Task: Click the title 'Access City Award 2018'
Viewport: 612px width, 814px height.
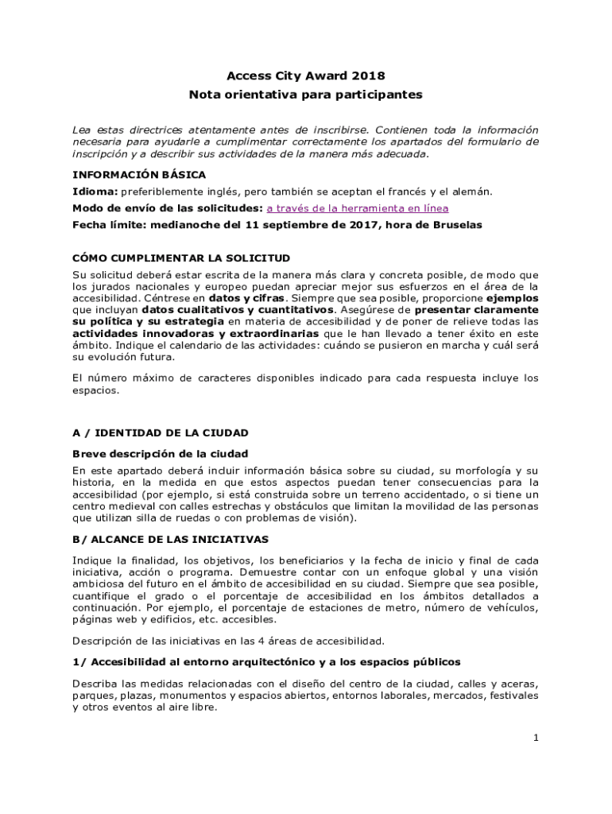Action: pyautogui.click(x=305, y=76)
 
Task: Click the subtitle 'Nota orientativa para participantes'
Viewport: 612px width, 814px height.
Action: pyautogui.click(x=305, y=95)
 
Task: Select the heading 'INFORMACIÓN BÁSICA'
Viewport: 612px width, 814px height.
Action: pyautogui.click(x=139, y=174)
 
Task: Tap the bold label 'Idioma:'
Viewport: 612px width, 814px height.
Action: pyautogui.click(x=95, y=192)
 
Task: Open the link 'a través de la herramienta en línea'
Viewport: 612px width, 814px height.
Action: pyautogui.click(x=357, y=208)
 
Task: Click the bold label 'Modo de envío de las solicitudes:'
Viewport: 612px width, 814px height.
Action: pyautogui.click(x=167, y=208)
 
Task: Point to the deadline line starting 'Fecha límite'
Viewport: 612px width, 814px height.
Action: pyautogui.click(x=277, y=225)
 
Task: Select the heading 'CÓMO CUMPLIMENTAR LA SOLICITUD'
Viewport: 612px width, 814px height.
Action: pyautogui.click(x=181, y=258)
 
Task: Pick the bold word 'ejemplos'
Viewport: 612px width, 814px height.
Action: pyautogui.click(x=509, y=297)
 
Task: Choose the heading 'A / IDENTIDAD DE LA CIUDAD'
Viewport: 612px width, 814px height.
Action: pyautogui.click(x=161, y=433)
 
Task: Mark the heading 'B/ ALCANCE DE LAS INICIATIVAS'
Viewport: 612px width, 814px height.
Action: pyautogui.click(x=170, y=539)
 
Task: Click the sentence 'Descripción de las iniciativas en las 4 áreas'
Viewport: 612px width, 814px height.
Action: pyautogui.click(x=228, y=641)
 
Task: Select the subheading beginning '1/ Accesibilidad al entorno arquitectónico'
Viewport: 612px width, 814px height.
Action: pyautogui.click(x=266, y=661)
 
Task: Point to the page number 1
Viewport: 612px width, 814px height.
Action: pyautogui.click(x=536, y=738)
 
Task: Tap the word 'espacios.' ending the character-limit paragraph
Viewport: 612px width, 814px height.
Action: pyautogui.click(x=95, y=390)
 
